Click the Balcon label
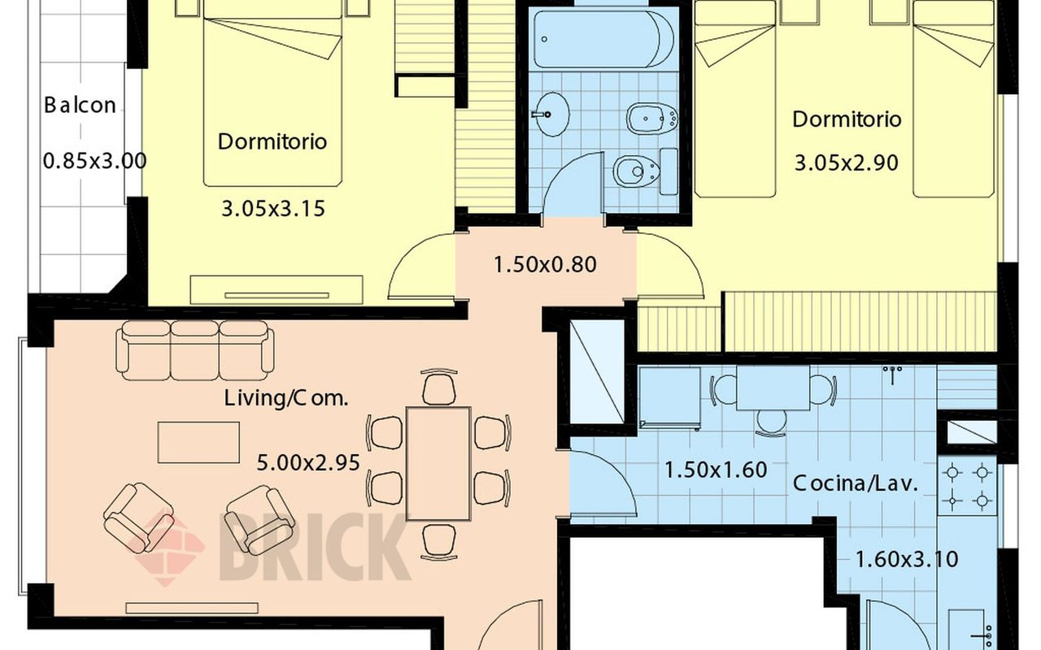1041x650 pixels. coord(80,105)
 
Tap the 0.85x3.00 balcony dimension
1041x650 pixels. coord(95,161)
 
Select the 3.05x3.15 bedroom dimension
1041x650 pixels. coord(272,209)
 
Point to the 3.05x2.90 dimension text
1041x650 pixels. coord(847,163)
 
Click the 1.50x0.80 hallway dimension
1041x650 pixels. coord(545,265)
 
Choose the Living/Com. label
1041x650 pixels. coord(286,398)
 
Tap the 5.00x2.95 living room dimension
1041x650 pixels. coord(308,463)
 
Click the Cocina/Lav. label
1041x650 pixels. coord(856,483)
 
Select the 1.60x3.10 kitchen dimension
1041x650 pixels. coord(907,559)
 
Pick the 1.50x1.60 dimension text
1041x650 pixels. coord(716,470)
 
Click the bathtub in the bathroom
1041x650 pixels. coord(603,39)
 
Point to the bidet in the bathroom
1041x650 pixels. coord(652,119)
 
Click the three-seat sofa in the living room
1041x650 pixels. coord(194,350)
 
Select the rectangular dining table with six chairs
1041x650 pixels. coord(438,464)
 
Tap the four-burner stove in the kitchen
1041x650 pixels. coord(967,486)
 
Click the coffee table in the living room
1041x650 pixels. coord(199,443)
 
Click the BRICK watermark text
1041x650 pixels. coord(315,547)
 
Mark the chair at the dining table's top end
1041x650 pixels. coord(439,387)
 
